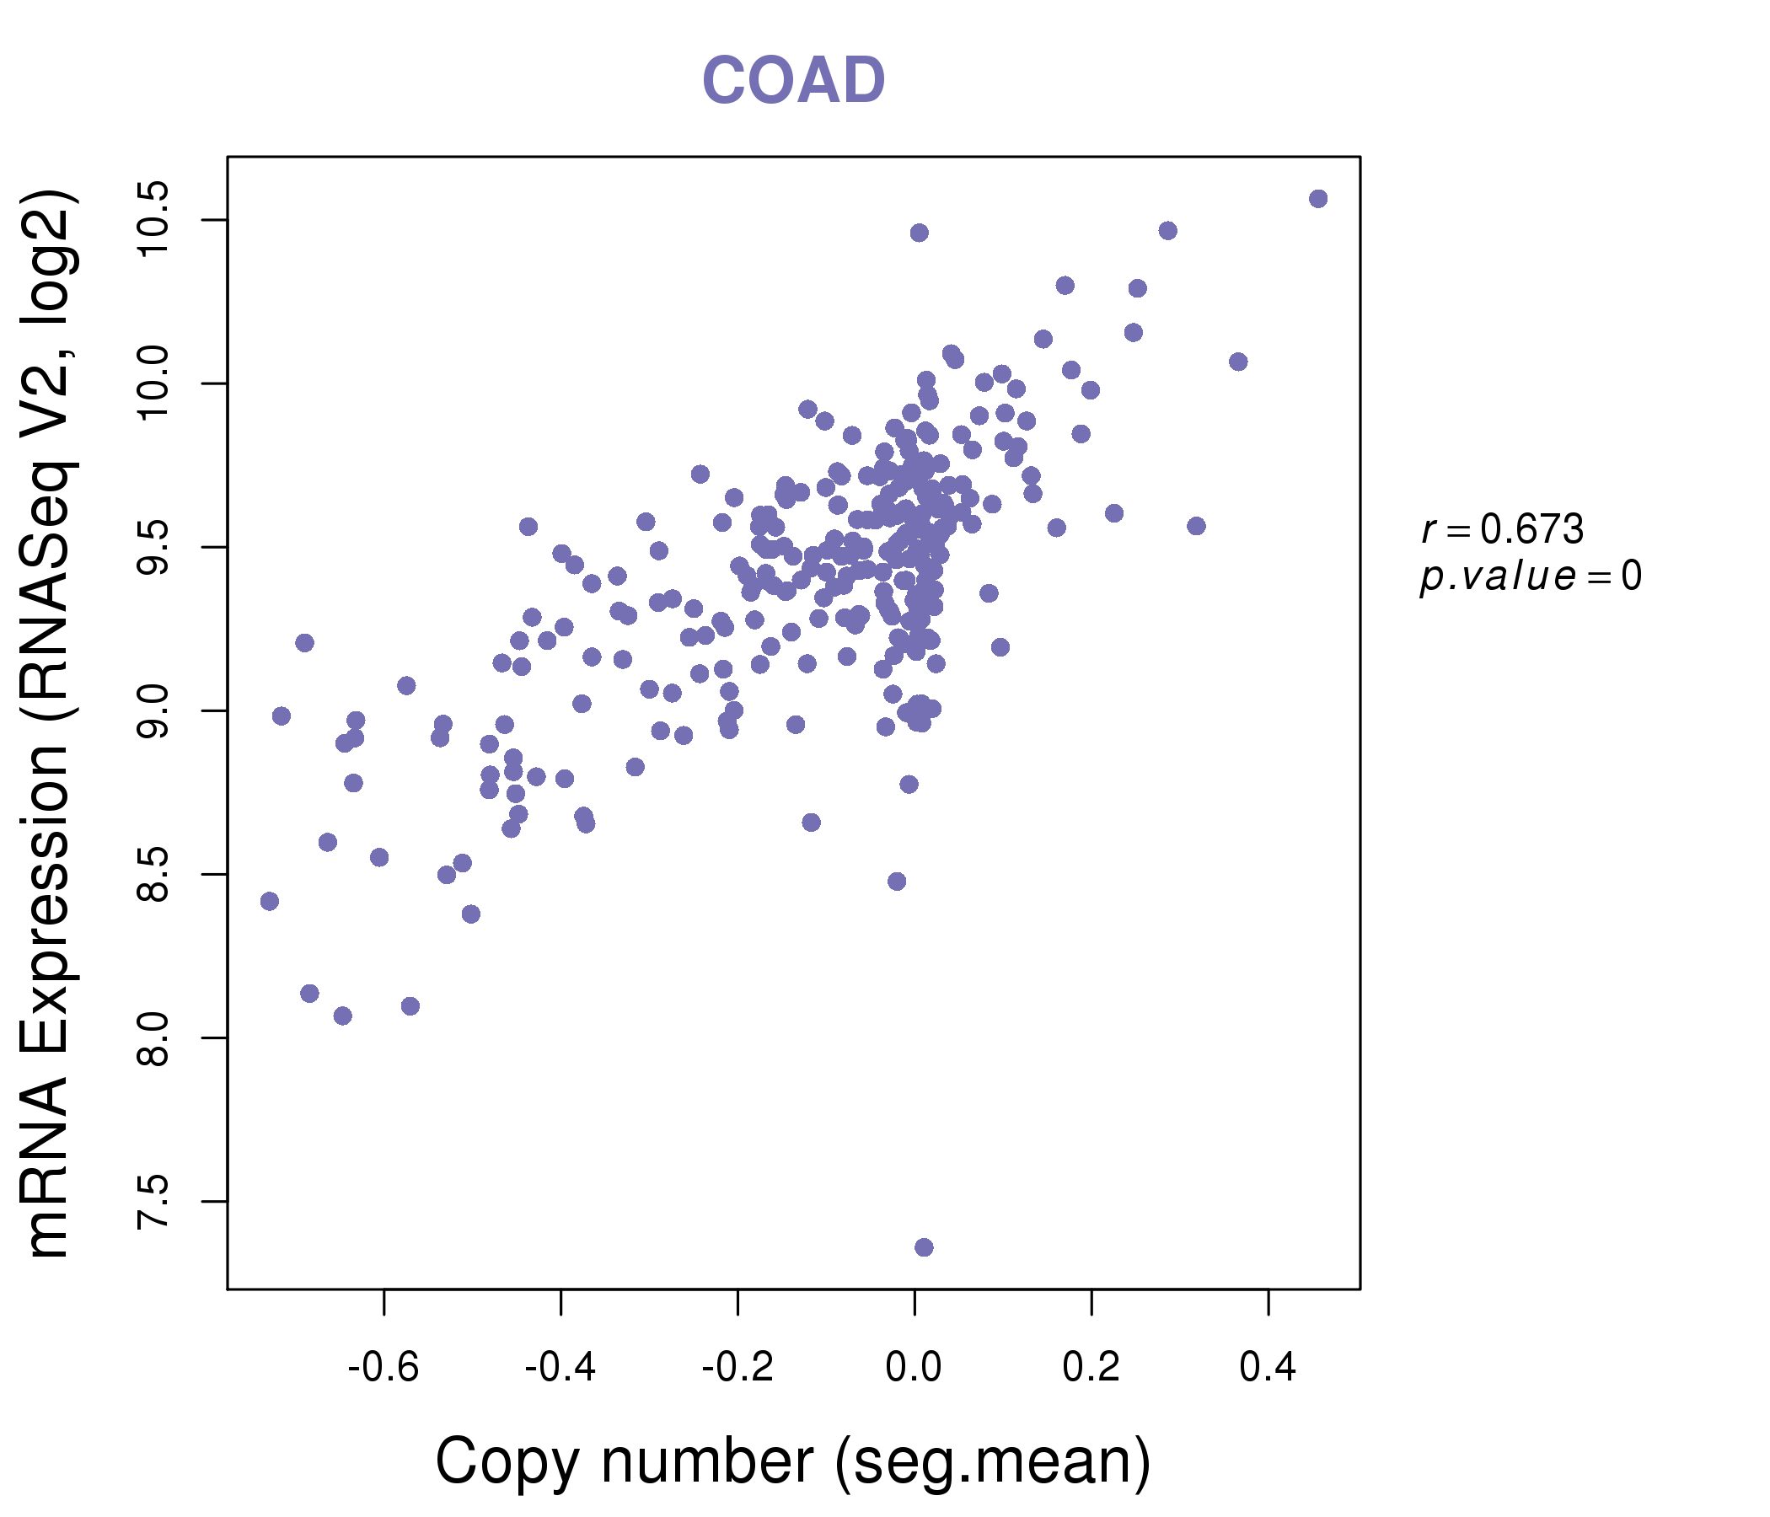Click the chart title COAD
pyautogui.click(x=793, y=81)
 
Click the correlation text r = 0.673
pyautogui.click(x=1502, y=529)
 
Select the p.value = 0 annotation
pyautogui.click(x=1530, y=576)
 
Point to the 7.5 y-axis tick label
pyautogui.click(x=153, y=1202)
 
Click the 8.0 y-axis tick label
pyautogui.click(x=153, y=1037)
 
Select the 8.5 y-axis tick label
pyautogui.click(x=153, y=875)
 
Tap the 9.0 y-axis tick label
pyautogui.click(x=153, y=710)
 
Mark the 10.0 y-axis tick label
pyautogui.click(x=153, y=383)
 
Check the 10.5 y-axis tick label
pyautogui.click(x=153, y=219)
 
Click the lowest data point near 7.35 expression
pyautogui.click(x=924, y=1247)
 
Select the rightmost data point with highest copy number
pyautogui.click(x=1318, y=199)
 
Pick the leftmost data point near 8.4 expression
pyautogui.click(x=270, y=901)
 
